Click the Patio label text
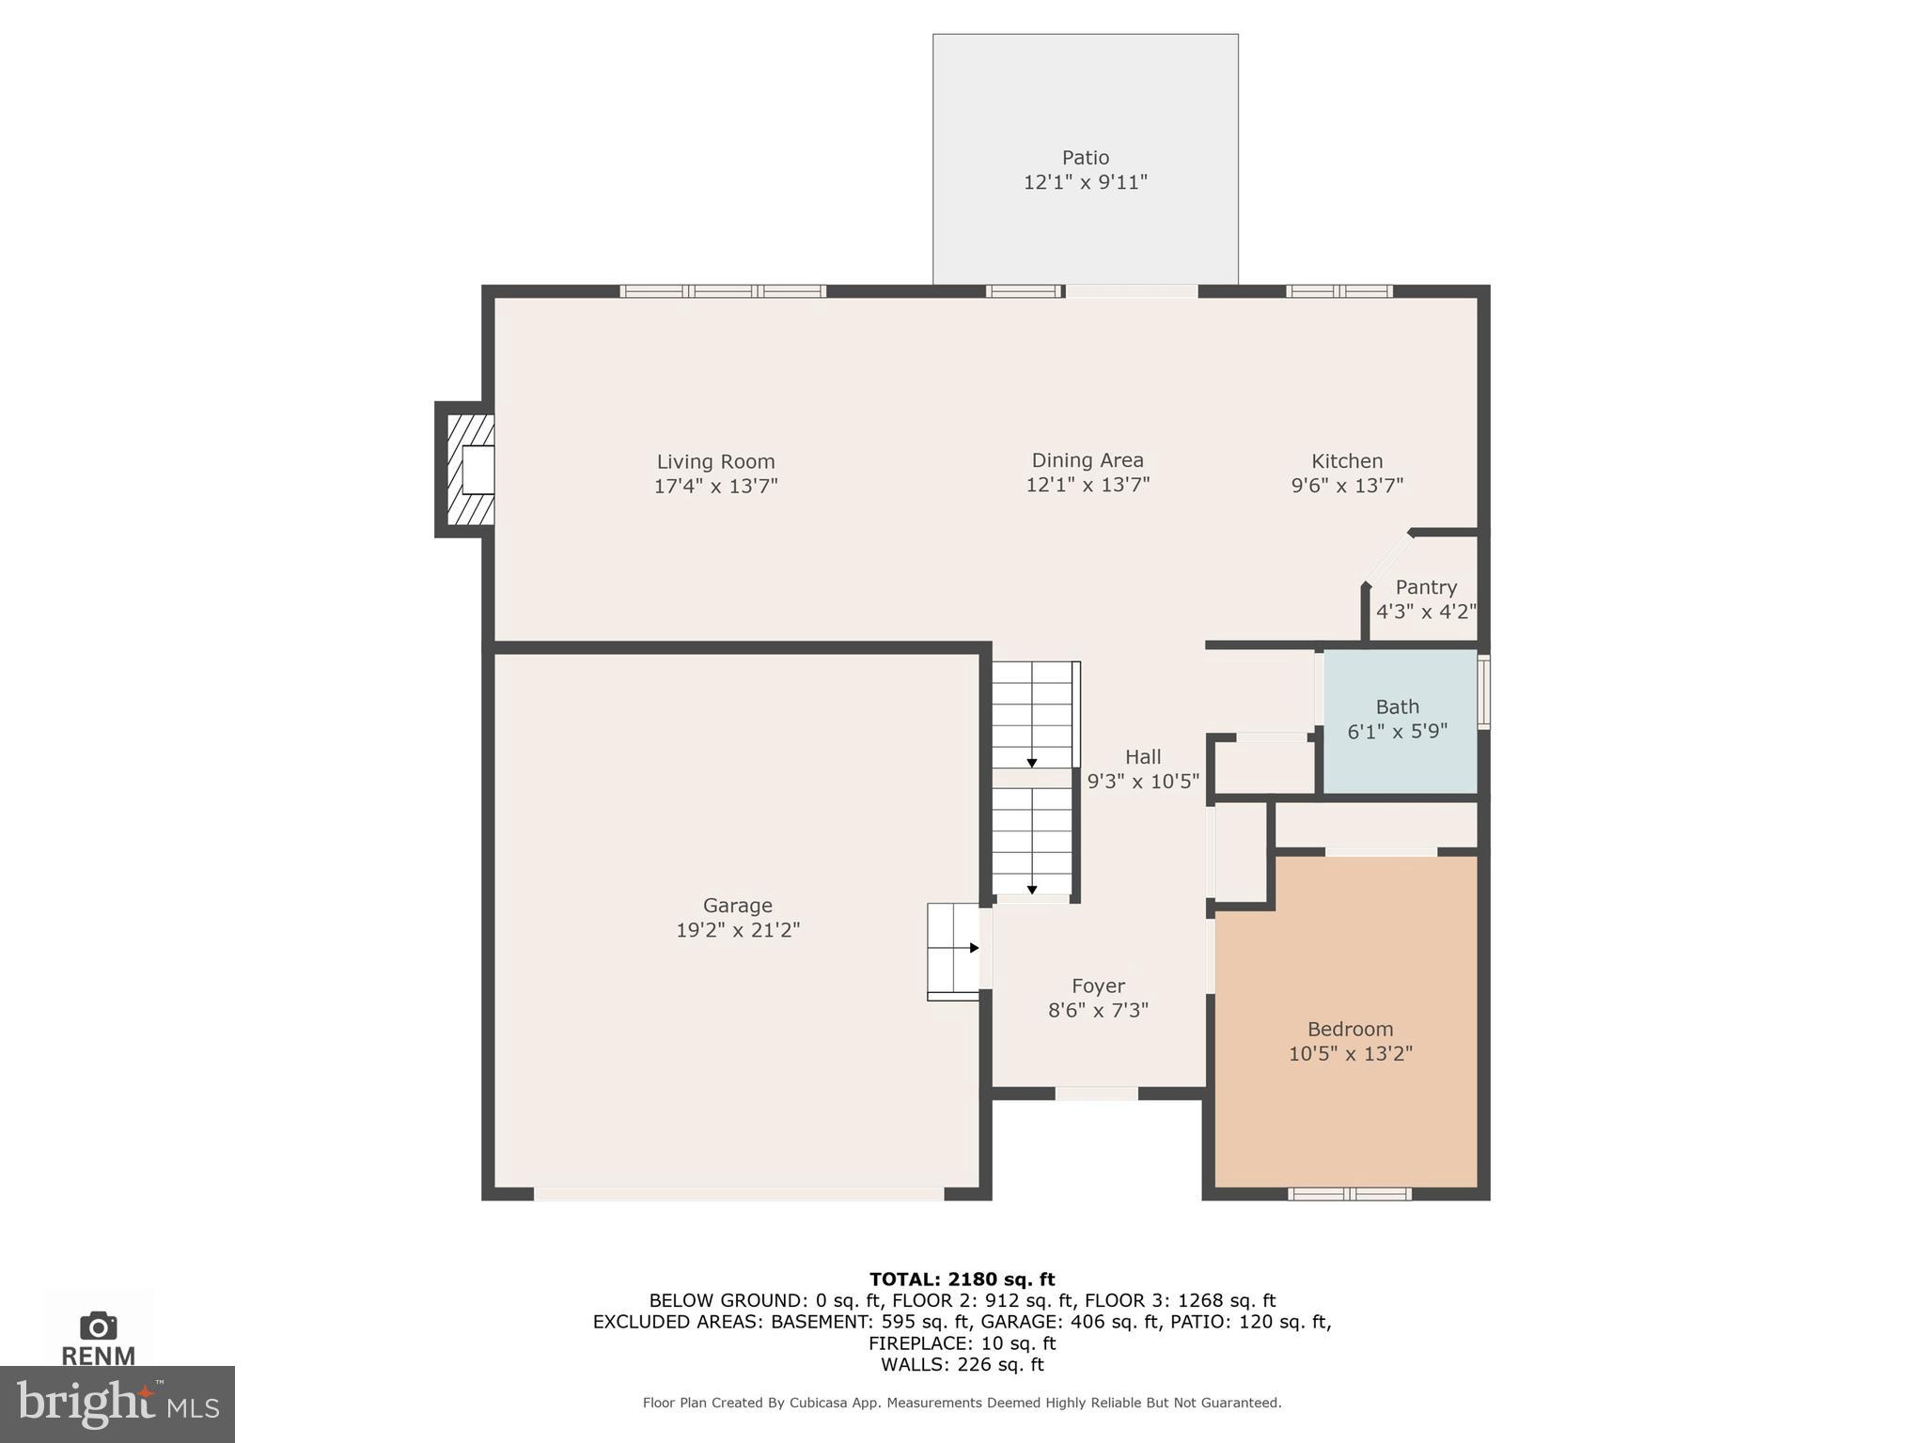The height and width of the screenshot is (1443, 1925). click(x=1085, y=158)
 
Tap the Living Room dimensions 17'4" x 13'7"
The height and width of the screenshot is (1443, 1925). click(x=715, y=486)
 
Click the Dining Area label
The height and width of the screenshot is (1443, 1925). click(x=1087, y=460)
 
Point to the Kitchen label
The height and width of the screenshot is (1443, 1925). click(x=1346, y=461)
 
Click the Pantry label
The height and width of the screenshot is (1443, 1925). click(x=1425, y=587)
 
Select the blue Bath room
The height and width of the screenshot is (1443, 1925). click(x=1399, y=721)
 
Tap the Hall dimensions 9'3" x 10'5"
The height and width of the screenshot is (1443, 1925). click(x=1143, y=781)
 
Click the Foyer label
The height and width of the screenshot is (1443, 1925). click(x=1098, y=985)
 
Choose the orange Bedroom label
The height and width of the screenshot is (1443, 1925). click(x=1350, y=1029)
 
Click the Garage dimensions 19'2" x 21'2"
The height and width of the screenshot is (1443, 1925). click(x=737, y=930)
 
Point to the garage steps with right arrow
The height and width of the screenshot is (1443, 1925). click(x=953, y=950)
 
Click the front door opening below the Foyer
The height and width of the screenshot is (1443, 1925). click(x=1096, y=1093)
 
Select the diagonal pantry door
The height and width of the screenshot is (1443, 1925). click(x=1387, y=560)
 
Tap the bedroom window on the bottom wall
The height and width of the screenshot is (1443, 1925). click(x=1349, y=1194)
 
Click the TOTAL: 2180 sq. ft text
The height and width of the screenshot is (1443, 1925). click(x=962, y=1279)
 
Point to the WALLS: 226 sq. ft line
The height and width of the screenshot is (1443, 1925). click(x=962, y=1364)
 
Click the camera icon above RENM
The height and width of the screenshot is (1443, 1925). click(x=99, y=1326)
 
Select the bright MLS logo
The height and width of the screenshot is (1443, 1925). click(x=117, y=1404)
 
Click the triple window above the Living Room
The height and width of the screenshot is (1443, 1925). click(x=723, y=291)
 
